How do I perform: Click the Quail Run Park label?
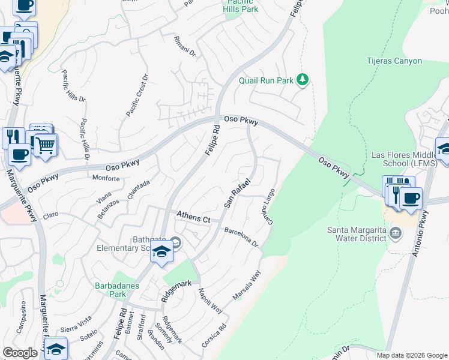[x=267, y=80]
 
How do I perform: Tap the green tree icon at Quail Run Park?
[x=304, y=79]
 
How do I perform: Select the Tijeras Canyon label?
[x=394, y=61]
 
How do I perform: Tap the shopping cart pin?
[x=45, y=145]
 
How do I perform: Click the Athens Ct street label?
[x=193, y=217]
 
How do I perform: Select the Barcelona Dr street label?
[x=241, y=237]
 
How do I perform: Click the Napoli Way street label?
[x=211, y=301]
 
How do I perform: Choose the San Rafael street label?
[x=237, y=193]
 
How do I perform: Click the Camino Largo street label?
[x=268, y=208]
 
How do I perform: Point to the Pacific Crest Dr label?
[x=136, y=95]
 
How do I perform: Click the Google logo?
[x=20, y=353]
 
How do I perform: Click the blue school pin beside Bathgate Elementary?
[x=161, y=253]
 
